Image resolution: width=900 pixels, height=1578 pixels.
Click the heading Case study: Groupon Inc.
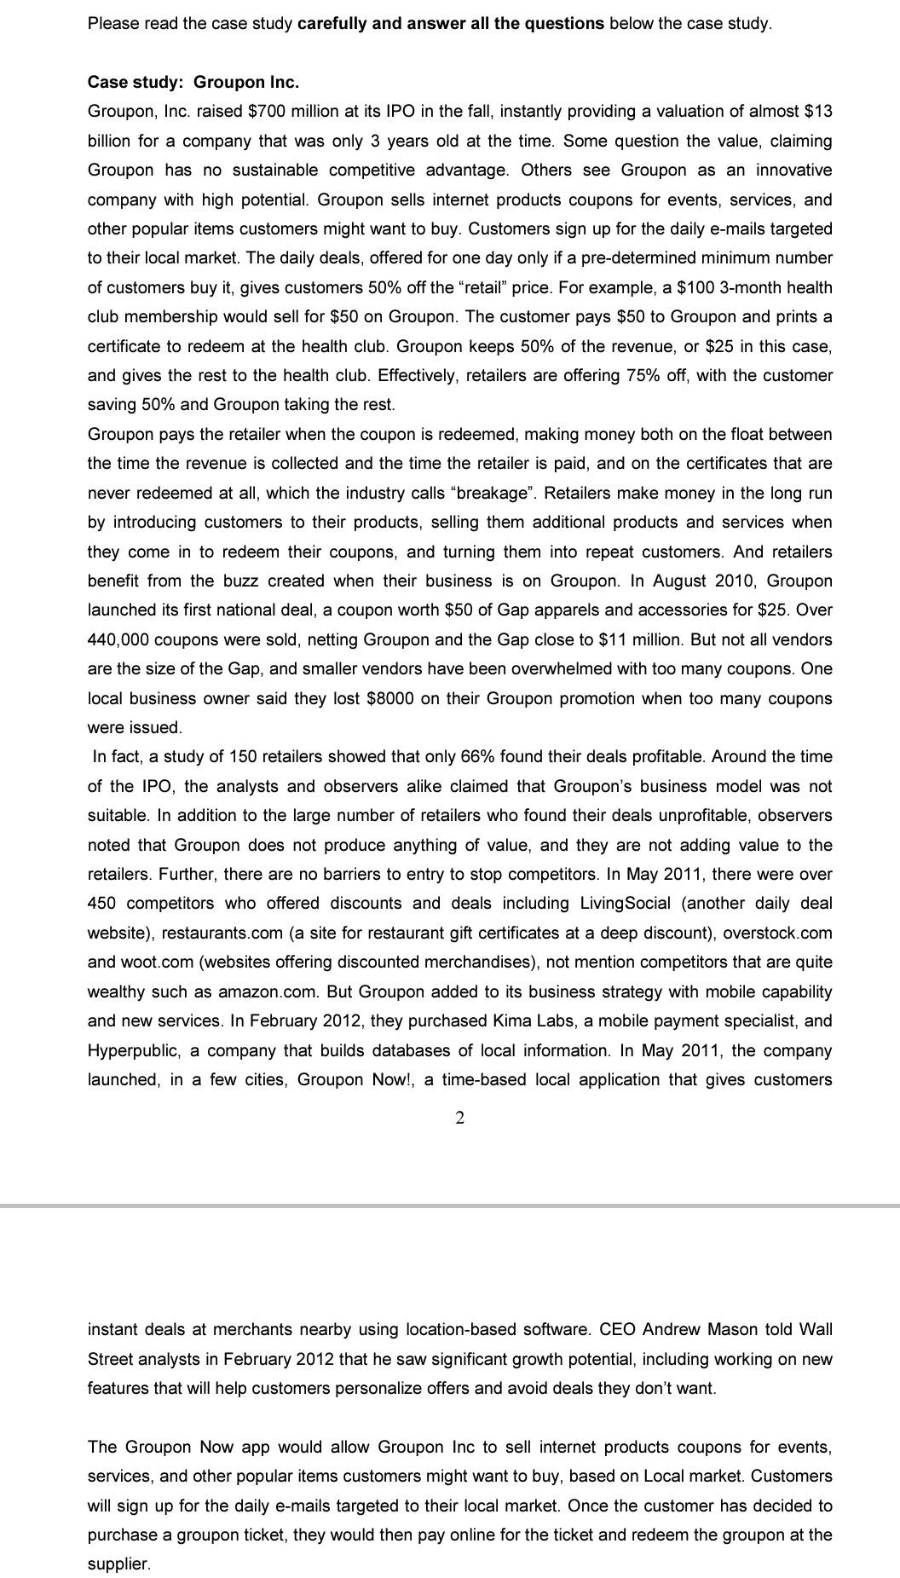pos(193,82)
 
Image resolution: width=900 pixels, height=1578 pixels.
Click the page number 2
pos(460,1118)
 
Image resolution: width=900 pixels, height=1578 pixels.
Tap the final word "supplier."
pos(118,1564)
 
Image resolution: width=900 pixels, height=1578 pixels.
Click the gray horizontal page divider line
pos(450,1206)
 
